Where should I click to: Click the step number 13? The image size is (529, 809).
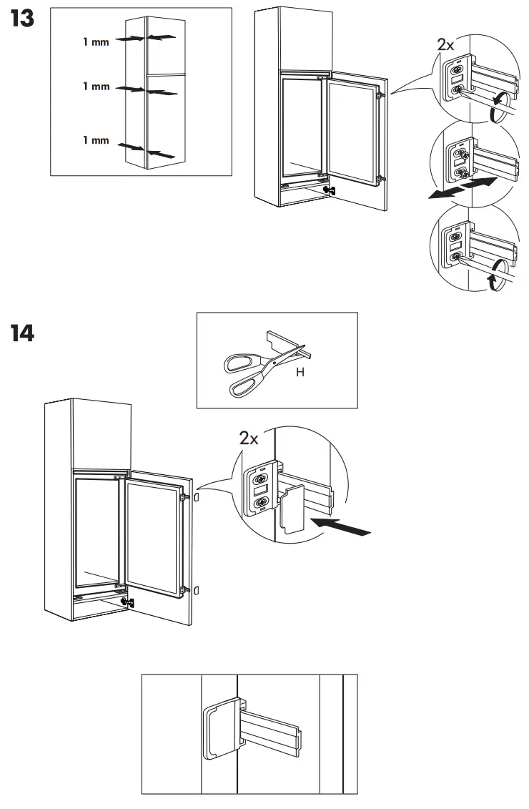tap(22, 19)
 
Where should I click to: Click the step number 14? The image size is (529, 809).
tap(22, 333)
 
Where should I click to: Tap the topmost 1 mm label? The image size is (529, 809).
tap(96, 41)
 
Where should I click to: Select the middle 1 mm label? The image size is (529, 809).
tap(96, 87)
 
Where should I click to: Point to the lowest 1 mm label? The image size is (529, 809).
tap(96, 140)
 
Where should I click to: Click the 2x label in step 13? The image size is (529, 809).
tap(445, 44)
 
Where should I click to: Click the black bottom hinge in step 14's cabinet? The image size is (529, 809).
tap(128, 602)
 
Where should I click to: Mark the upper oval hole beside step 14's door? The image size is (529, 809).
tap(197, 496)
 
